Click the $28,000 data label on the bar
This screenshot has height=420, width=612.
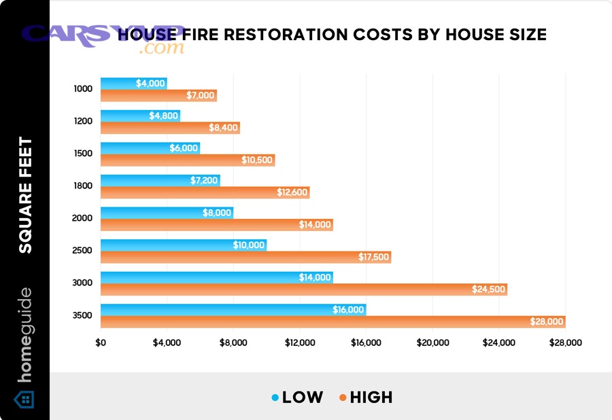(x=547, y=322)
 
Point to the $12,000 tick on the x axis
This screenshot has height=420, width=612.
(x=300, y=343)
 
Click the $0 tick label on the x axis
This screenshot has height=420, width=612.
(x=101, y=343)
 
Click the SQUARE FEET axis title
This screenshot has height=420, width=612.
(x=25, y=195)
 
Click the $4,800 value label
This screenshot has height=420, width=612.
(x=164, y=116)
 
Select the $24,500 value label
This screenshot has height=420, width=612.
(x=489, y=290)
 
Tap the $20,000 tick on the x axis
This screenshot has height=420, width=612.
(x=432, y=343)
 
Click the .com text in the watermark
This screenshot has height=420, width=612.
(x=161, y=49)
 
